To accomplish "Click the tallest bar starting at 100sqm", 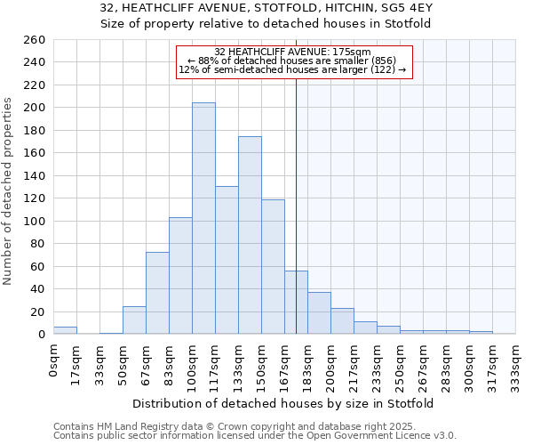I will [203, 218].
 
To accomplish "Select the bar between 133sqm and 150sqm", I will [250, 235].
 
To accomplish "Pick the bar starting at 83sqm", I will [180, 275].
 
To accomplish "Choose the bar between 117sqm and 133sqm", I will [227, 260].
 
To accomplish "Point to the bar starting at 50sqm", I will [134, 320].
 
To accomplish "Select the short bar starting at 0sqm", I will [65, 330].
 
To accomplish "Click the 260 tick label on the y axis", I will [34, 40].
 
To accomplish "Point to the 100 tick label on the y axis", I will [34, 221].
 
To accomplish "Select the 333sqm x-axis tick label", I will [516, 365].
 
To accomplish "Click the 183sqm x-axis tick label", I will [308, 365].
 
